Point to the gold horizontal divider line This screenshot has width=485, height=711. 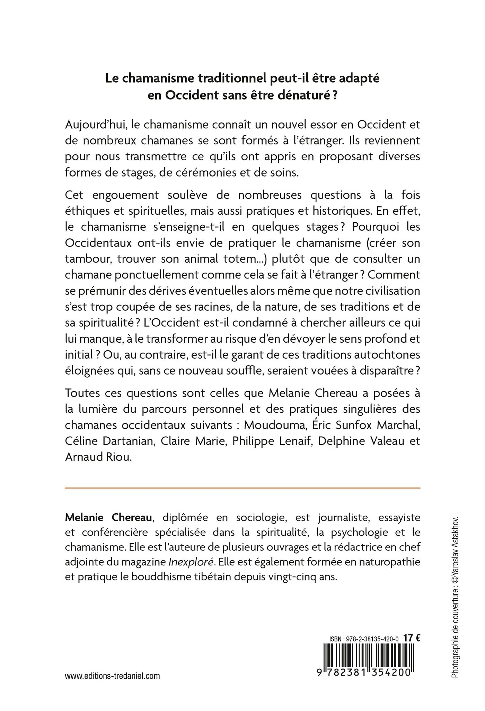tap(242, 488)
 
